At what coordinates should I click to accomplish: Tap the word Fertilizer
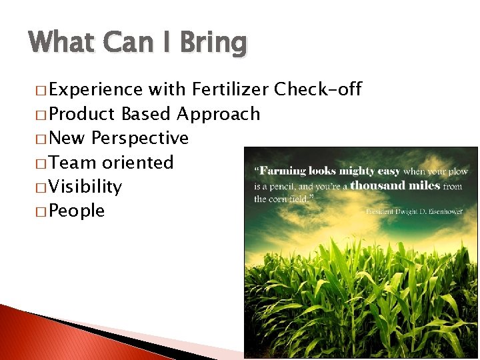(230, 89)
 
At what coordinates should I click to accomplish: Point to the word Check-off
(318, 89)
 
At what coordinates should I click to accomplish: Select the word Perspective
(141, 138)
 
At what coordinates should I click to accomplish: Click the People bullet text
(77, 211)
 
